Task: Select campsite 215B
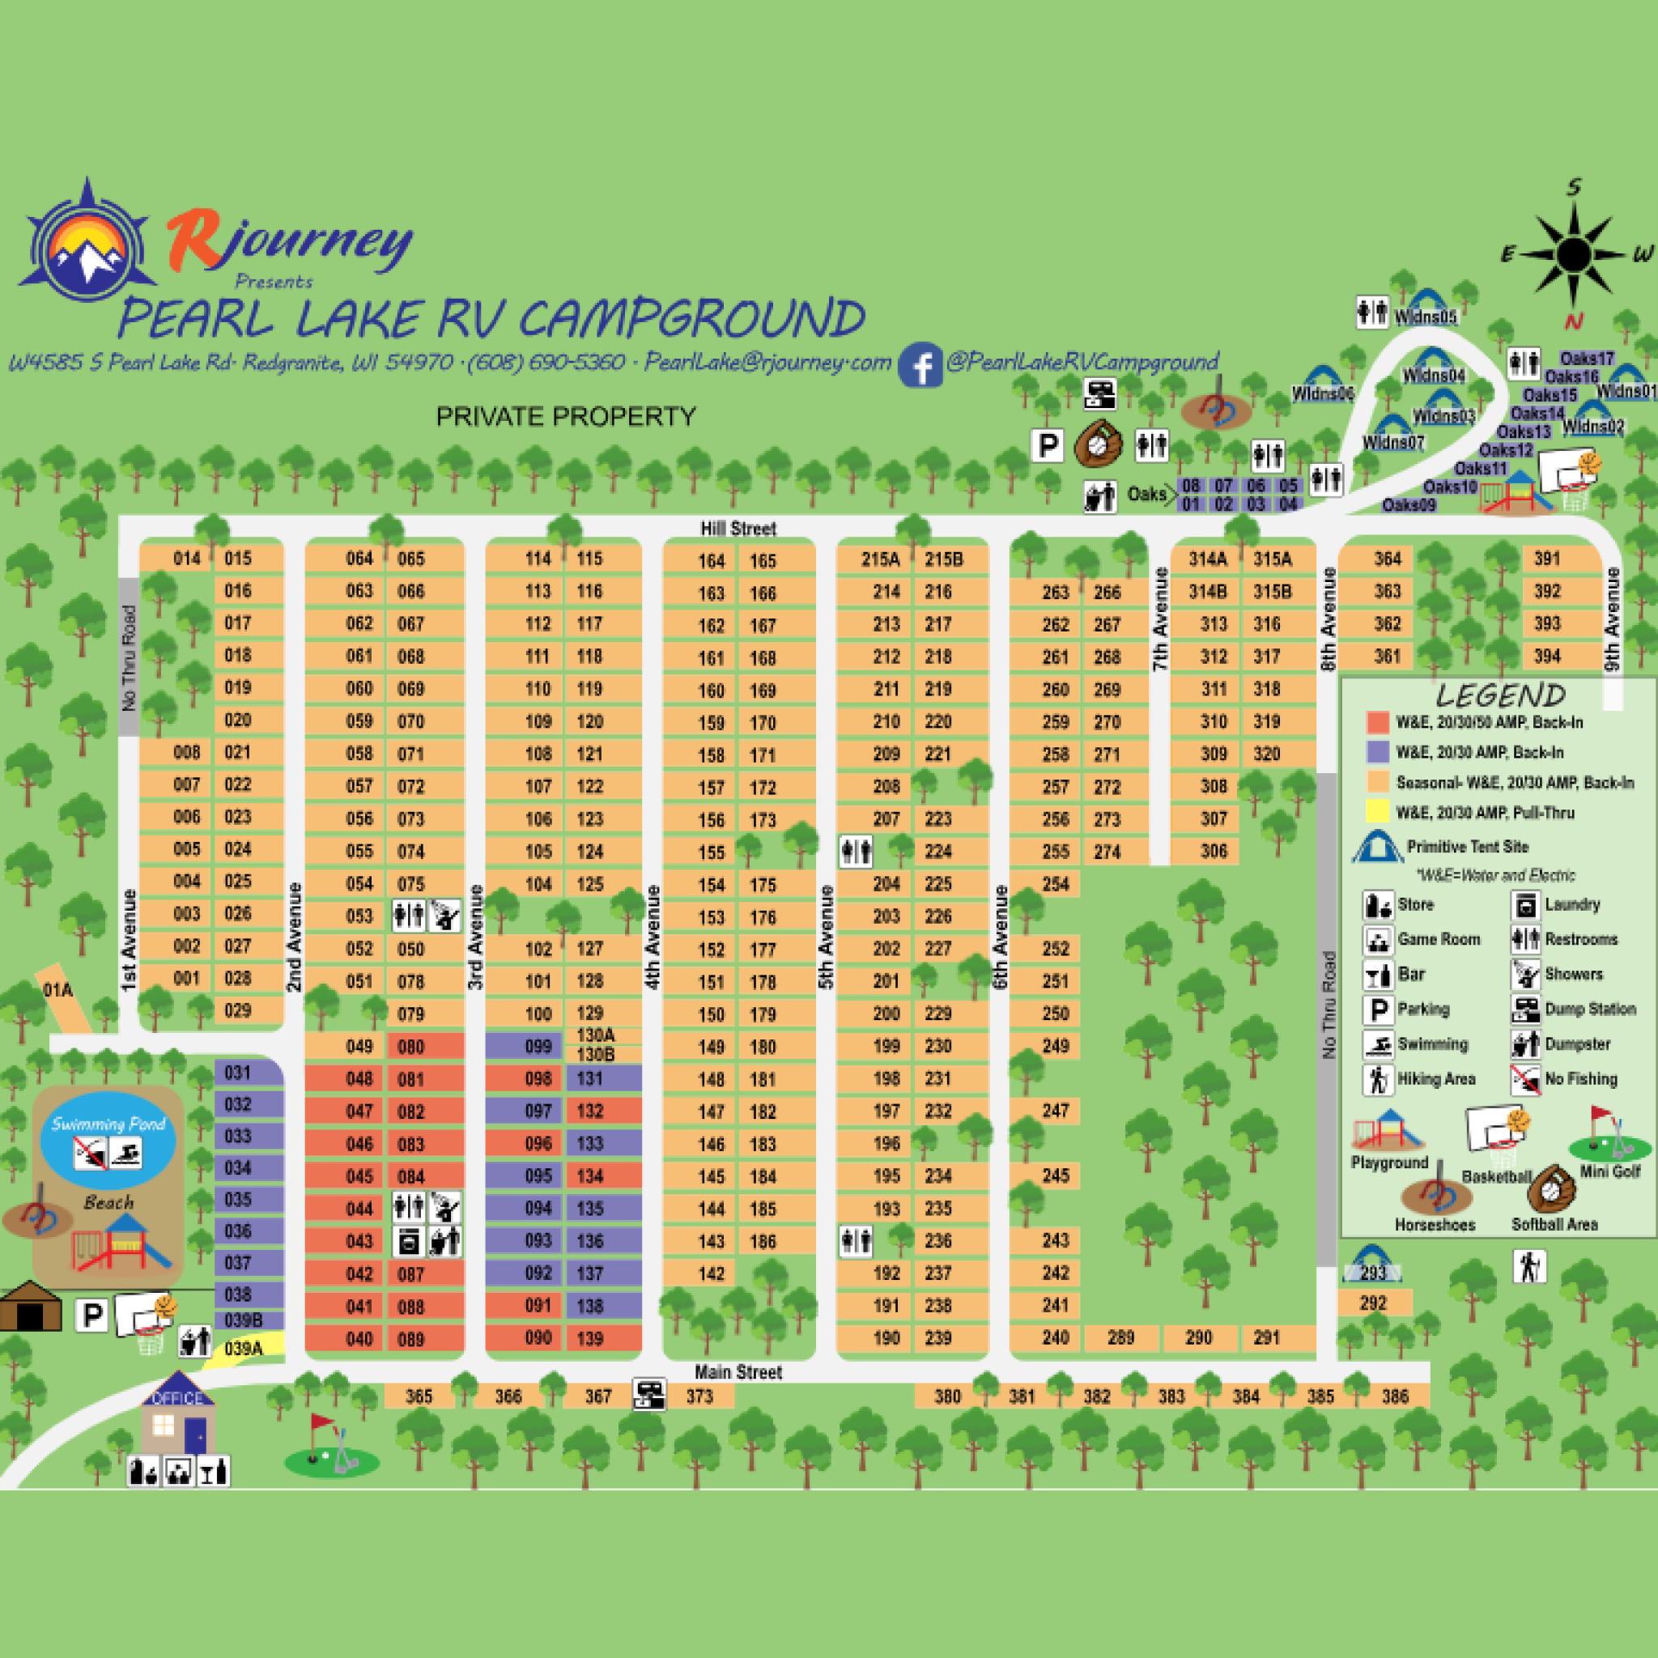click(x=943, y=559)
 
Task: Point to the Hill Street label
click(x=738, y=529)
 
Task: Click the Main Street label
click(x=738, y=1372)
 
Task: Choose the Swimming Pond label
click(x=108, y=1124)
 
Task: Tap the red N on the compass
click(x=1573, y=321)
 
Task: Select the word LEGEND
click(x=1500, y=695)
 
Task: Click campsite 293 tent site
click(x=1373, y=1273)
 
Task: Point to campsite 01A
click(x=58, y=991)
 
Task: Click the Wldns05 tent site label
click(x=1426, y=317)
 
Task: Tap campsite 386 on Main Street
click(x=1395, y=1397)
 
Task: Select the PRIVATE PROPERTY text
click(x=566, y=417)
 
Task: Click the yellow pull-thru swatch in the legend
click(x=1377, y=812)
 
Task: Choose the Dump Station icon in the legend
click(x=1525, y=1010)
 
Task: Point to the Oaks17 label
click(x=1587, y=358)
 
